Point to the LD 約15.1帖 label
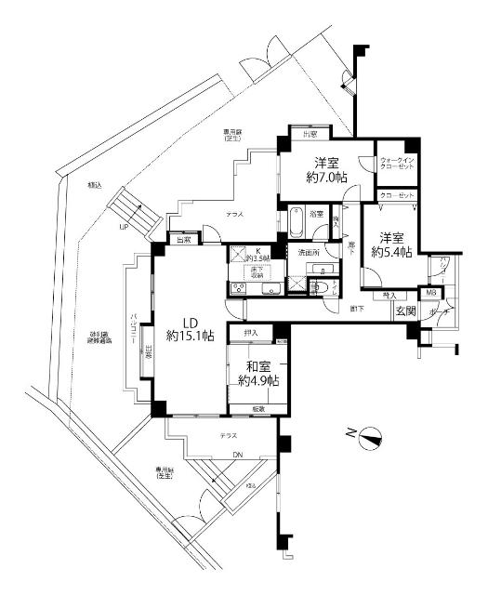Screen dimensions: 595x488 point(190,325)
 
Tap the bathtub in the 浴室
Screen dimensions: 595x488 point(295,223)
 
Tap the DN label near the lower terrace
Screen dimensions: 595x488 point(237,454)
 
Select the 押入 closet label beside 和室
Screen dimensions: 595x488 point(249,332)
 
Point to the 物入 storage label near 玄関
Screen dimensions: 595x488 point(389,295)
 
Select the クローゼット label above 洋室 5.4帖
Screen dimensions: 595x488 point(396,195)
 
